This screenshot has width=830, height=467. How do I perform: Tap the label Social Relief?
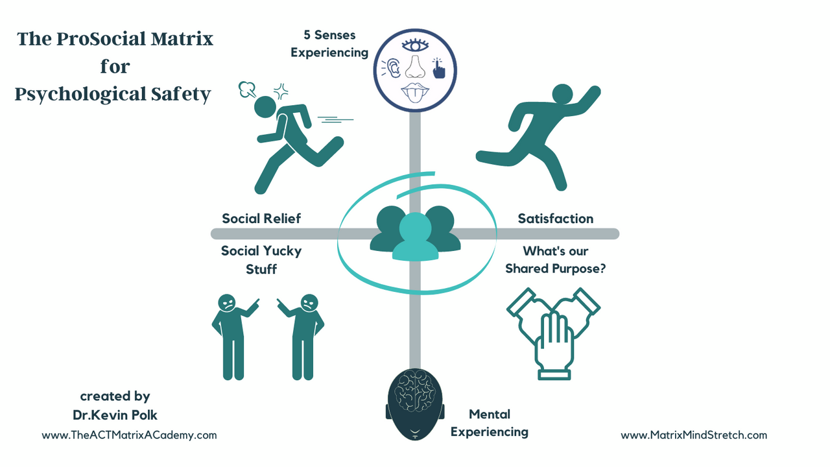point(261,219)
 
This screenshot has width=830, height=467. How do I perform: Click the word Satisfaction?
point(555,219)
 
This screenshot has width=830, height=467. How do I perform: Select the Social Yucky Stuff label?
point(261,259)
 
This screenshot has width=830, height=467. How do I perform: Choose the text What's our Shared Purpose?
point(556,259)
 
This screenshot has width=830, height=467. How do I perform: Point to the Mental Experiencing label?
point(490,423)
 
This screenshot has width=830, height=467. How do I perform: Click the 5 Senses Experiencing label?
point(329,44)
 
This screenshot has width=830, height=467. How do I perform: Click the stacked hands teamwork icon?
point(553,331)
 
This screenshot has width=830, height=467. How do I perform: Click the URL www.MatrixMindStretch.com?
point(694,435)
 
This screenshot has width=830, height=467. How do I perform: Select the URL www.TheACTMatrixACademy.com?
point(129,435)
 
